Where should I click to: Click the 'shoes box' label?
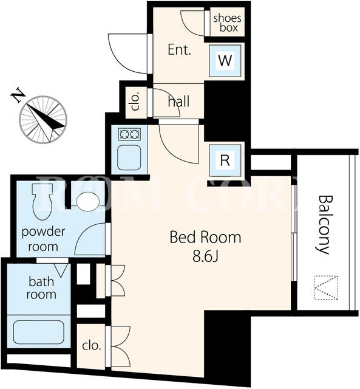(x=227, y=23)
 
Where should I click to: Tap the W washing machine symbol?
(x=225, y=61)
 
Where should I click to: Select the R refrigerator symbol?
(x=225, y=160)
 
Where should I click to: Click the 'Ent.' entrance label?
(x=179, y=50)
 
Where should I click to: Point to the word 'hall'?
(x=178, y=102)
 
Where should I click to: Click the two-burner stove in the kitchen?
(x=129, y=134)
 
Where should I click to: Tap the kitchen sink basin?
(x=129, y=157)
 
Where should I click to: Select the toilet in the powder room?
(x=42, y=202)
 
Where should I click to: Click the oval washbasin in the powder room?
(x=87, y=202)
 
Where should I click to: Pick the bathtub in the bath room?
(x=38, y=332)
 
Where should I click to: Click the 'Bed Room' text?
(x=205, y=237)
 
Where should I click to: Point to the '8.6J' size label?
(x=205, y=257)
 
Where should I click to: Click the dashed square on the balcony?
(x=326, y=287)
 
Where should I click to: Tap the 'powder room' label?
(x=43, y=239)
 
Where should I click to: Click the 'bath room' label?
(x=41, y=288)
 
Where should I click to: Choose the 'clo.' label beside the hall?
(x=136, y=102)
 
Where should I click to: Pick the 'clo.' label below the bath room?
(x=92, y=345)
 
